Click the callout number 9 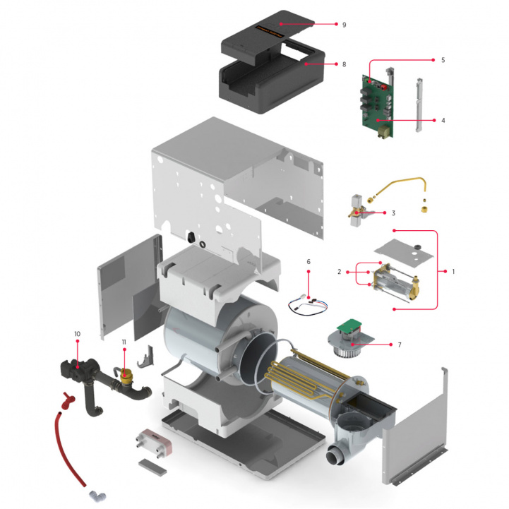[344, 24]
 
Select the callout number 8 [344, 64]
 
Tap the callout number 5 [443, 60]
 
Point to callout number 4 [443, 121]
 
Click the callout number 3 [393, 212]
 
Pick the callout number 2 [340, 271]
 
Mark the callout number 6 [309, 261]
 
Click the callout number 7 [399, 345]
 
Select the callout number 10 [77, 333]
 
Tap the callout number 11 [124, 342]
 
